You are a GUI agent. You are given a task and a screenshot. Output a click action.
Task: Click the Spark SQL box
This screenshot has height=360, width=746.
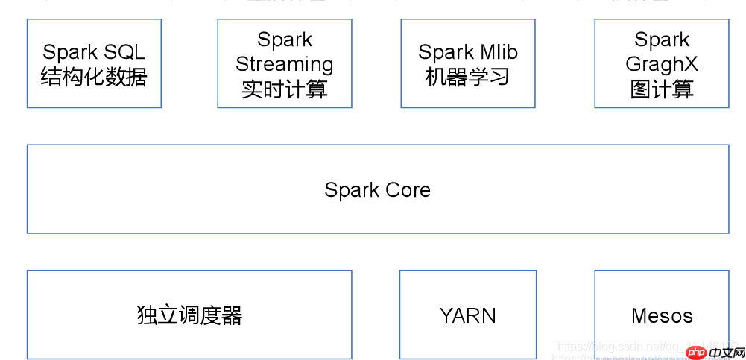[94, 63]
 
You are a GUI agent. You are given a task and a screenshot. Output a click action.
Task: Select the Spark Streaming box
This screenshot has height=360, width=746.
[285, 63]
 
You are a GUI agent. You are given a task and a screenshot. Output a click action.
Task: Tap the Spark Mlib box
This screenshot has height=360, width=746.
[467, 63]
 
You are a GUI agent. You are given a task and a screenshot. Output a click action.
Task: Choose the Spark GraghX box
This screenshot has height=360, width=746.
[662, 63]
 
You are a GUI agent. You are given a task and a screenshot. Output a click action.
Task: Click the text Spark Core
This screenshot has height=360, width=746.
[377, 190]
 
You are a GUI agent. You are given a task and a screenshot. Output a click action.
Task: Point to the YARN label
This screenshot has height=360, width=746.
[467, 315]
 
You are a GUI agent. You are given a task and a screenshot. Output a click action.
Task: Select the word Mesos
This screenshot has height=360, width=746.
[662, 316]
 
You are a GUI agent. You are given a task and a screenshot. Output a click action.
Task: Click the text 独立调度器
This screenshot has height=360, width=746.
[189, 315]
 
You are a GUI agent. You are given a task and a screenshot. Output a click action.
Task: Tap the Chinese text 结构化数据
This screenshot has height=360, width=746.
[94, 77]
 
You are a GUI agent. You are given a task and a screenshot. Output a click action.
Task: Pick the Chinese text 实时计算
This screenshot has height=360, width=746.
[285, 89]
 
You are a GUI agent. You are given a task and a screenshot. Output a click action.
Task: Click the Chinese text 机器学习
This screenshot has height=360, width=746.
[467, 77]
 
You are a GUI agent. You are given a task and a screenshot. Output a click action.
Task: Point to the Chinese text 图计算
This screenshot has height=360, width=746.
[662, 89]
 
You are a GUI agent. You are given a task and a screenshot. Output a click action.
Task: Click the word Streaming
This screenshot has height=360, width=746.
[285, 64]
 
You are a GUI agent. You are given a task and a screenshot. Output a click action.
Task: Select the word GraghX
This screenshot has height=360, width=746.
[662, 64]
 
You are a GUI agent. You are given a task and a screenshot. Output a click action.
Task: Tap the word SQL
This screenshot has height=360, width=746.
[125, 52]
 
